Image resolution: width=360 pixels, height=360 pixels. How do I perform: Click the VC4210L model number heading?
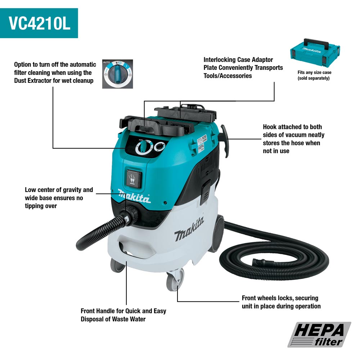tap(40, 23)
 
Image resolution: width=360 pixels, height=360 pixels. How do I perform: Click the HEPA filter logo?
tap(319, 334)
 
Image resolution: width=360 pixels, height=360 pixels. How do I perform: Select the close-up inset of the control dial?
tap(118, 74)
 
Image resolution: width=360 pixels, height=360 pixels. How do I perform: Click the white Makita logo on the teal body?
tap(134, 196)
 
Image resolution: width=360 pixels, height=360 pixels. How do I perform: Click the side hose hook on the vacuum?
tap(225, 140)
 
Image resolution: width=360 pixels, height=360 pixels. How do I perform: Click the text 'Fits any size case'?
tap(314, 72)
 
